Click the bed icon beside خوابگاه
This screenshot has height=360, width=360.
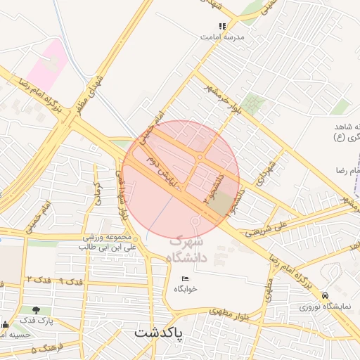[186, 278]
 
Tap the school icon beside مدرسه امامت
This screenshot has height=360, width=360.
[222, 27]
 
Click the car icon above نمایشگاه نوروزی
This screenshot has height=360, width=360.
[325, 296]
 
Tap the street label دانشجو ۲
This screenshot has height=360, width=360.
[210, 186]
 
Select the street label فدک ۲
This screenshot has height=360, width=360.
[35, 280]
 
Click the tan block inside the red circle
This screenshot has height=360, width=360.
[221, 204]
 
